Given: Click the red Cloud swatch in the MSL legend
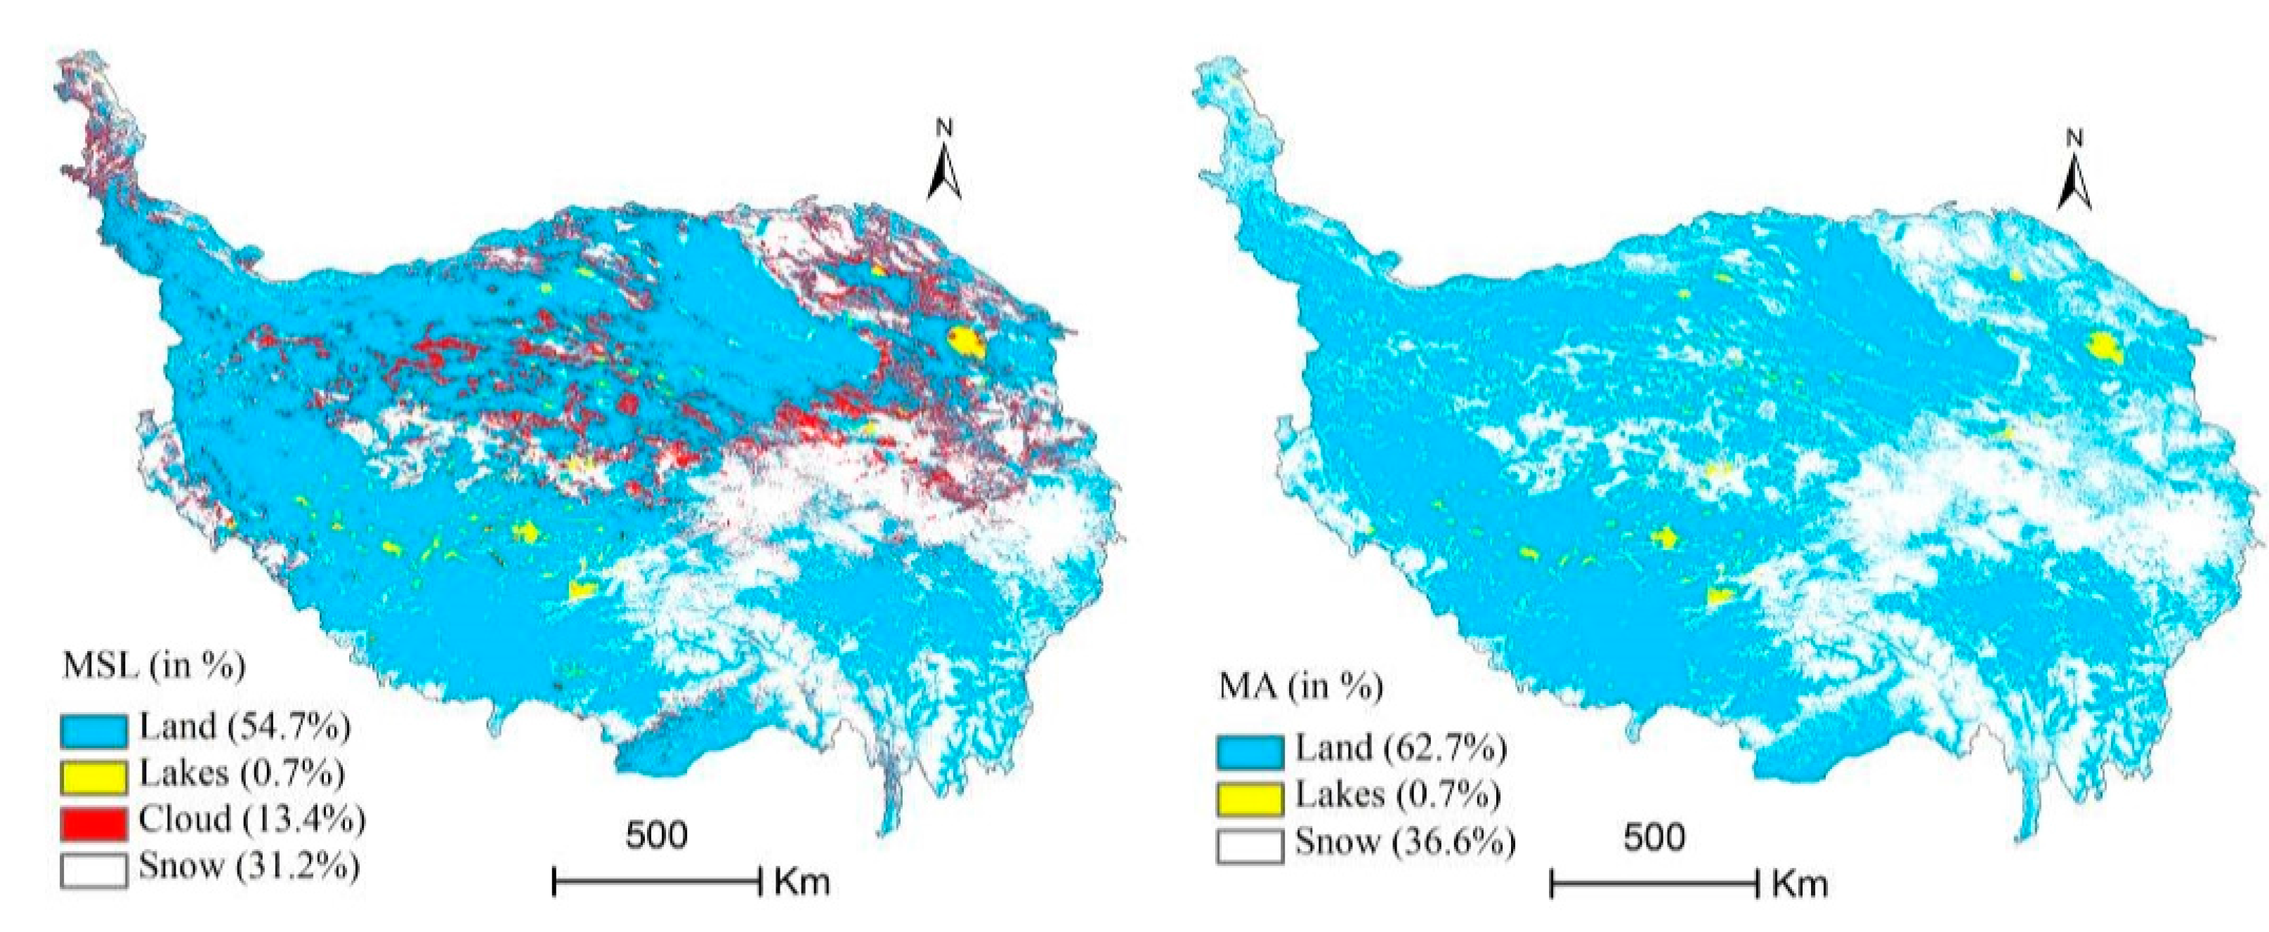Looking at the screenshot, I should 93,822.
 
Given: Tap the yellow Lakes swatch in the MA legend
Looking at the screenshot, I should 1250,798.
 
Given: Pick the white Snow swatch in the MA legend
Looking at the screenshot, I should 1250,846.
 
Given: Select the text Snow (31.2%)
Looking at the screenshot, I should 249,867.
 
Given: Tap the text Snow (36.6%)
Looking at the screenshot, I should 1405,843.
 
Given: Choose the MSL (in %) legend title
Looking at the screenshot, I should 153,666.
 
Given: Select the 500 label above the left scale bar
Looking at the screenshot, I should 656,834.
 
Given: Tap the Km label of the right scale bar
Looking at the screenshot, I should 1800,884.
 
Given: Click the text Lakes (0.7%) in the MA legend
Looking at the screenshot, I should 1398,796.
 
